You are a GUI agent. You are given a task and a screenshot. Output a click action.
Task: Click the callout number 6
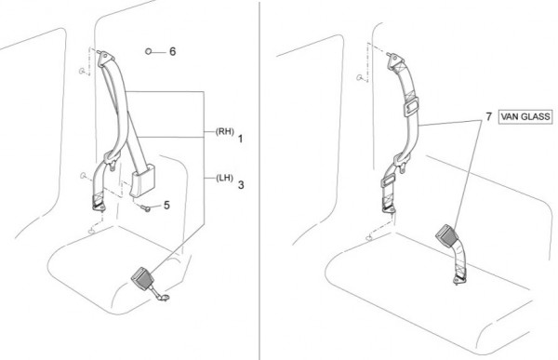pyautogui.click(x=172, y=52)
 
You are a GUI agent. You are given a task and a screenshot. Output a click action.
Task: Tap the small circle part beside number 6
pyautogui.click(x=149, y=52)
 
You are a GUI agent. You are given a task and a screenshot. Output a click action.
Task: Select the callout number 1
pyautogui.click(x=241, y=139)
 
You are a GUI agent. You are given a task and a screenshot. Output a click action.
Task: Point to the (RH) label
pyautogui.click(x=225, y=131)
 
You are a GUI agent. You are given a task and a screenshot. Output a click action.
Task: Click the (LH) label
pyautogui.click(x=225, y=178)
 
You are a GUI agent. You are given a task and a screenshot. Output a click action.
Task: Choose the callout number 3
pyautogui.click(x=241, y=185)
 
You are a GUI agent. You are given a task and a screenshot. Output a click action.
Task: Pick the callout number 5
pyautogui.click(x=166, y=205)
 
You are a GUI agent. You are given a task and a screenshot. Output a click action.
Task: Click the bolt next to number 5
pyautogui.click(x=145, y=208)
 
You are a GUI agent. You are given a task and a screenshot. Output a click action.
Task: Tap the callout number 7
pyautogui.click(x=489, y=116)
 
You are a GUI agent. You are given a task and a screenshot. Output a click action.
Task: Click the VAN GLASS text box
pyautogui.click(x=525, y=117)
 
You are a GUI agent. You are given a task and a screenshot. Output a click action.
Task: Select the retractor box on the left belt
pyautogui.click(x=142, y=180)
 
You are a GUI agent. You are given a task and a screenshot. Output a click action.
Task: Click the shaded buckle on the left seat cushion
pyautogui.click(x=142, y=276)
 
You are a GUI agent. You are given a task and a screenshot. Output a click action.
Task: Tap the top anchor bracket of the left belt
pyautogui.click(x=105, y=59)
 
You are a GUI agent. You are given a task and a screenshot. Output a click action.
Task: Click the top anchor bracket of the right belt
pyautogui.click(x=396, y=60)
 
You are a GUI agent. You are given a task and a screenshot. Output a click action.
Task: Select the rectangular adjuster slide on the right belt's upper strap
pyautogui.click(x=411, y=106)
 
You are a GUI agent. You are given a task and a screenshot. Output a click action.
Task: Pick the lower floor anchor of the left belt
pyautogui.click(x=99, y=207)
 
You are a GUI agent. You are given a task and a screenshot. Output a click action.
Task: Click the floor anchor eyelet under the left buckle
pyautogui.click(x=164, y=297)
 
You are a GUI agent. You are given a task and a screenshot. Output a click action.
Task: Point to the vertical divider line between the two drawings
pyautogui.click(x=259, y=180)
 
